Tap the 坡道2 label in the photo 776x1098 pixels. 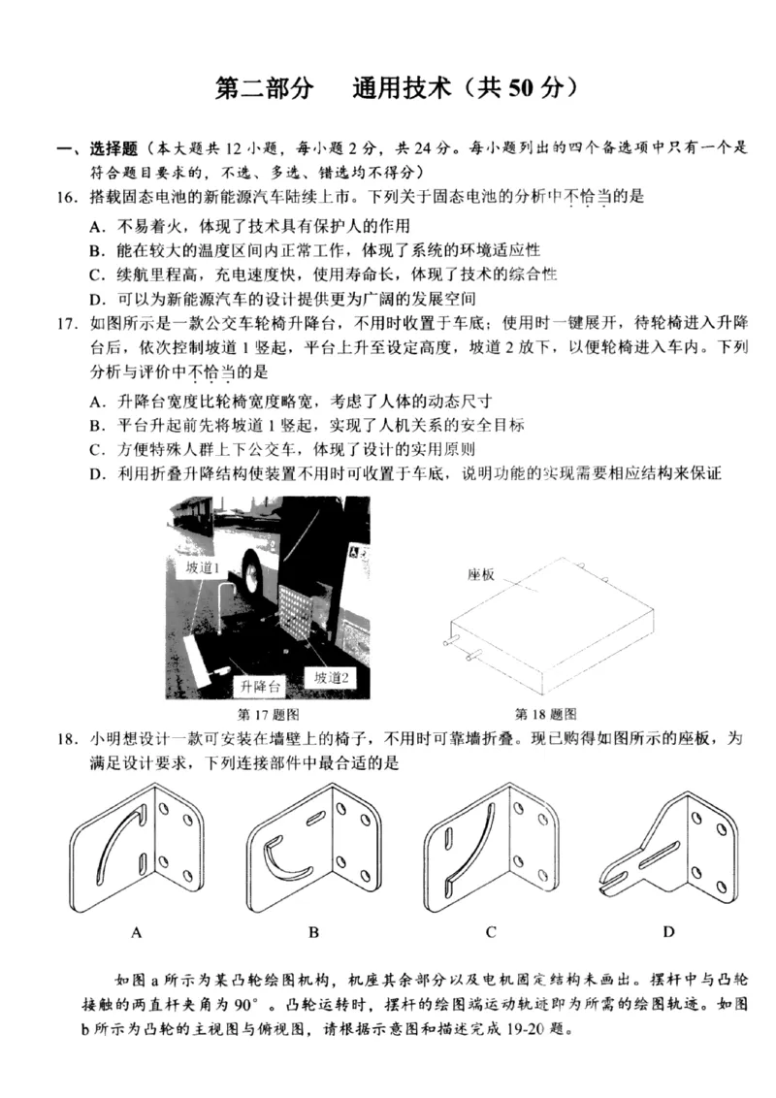tap(330, 678)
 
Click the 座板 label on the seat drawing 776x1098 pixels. tap(482, 574)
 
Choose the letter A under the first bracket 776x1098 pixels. tap(137, 932)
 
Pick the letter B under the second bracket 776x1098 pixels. tap(313, 932)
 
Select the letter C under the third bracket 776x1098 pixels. tap(491, 932)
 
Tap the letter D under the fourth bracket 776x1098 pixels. tap(668, 932)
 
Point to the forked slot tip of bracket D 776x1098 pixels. tap(609, 877)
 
